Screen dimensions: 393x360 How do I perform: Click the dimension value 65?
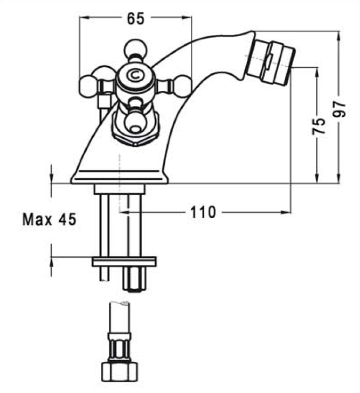pos(136,18)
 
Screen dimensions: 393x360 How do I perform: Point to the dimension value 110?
pos(202,212)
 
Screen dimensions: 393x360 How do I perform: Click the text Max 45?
pos(49,220)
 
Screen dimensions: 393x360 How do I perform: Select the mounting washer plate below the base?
pos(124,262)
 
